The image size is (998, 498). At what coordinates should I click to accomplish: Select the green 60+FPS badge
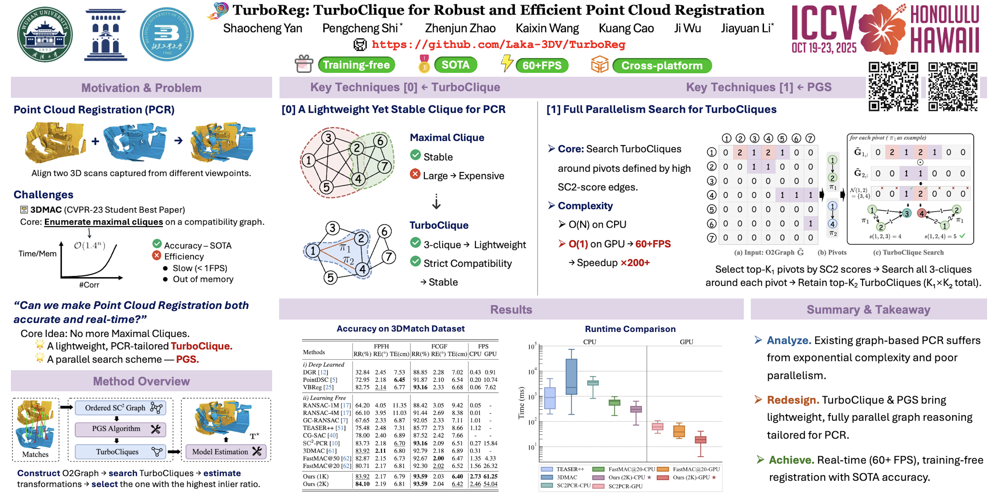[x=542, y=65]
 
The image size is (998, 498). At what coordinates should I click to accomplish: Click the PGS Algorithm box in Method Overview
[x=120, y=429]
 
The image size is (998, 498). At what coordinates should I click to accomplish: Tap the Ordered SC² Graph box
[x=120, y=408]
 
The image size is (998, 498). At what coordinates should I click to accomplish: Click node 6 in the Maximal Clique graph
[x=380, y=141]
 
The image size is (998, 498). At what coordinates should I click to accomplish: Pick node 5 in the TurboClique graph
[x=330, y=277]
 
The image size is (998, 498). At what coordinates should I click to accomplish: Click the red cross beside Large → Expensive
[x=415, y=175]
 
